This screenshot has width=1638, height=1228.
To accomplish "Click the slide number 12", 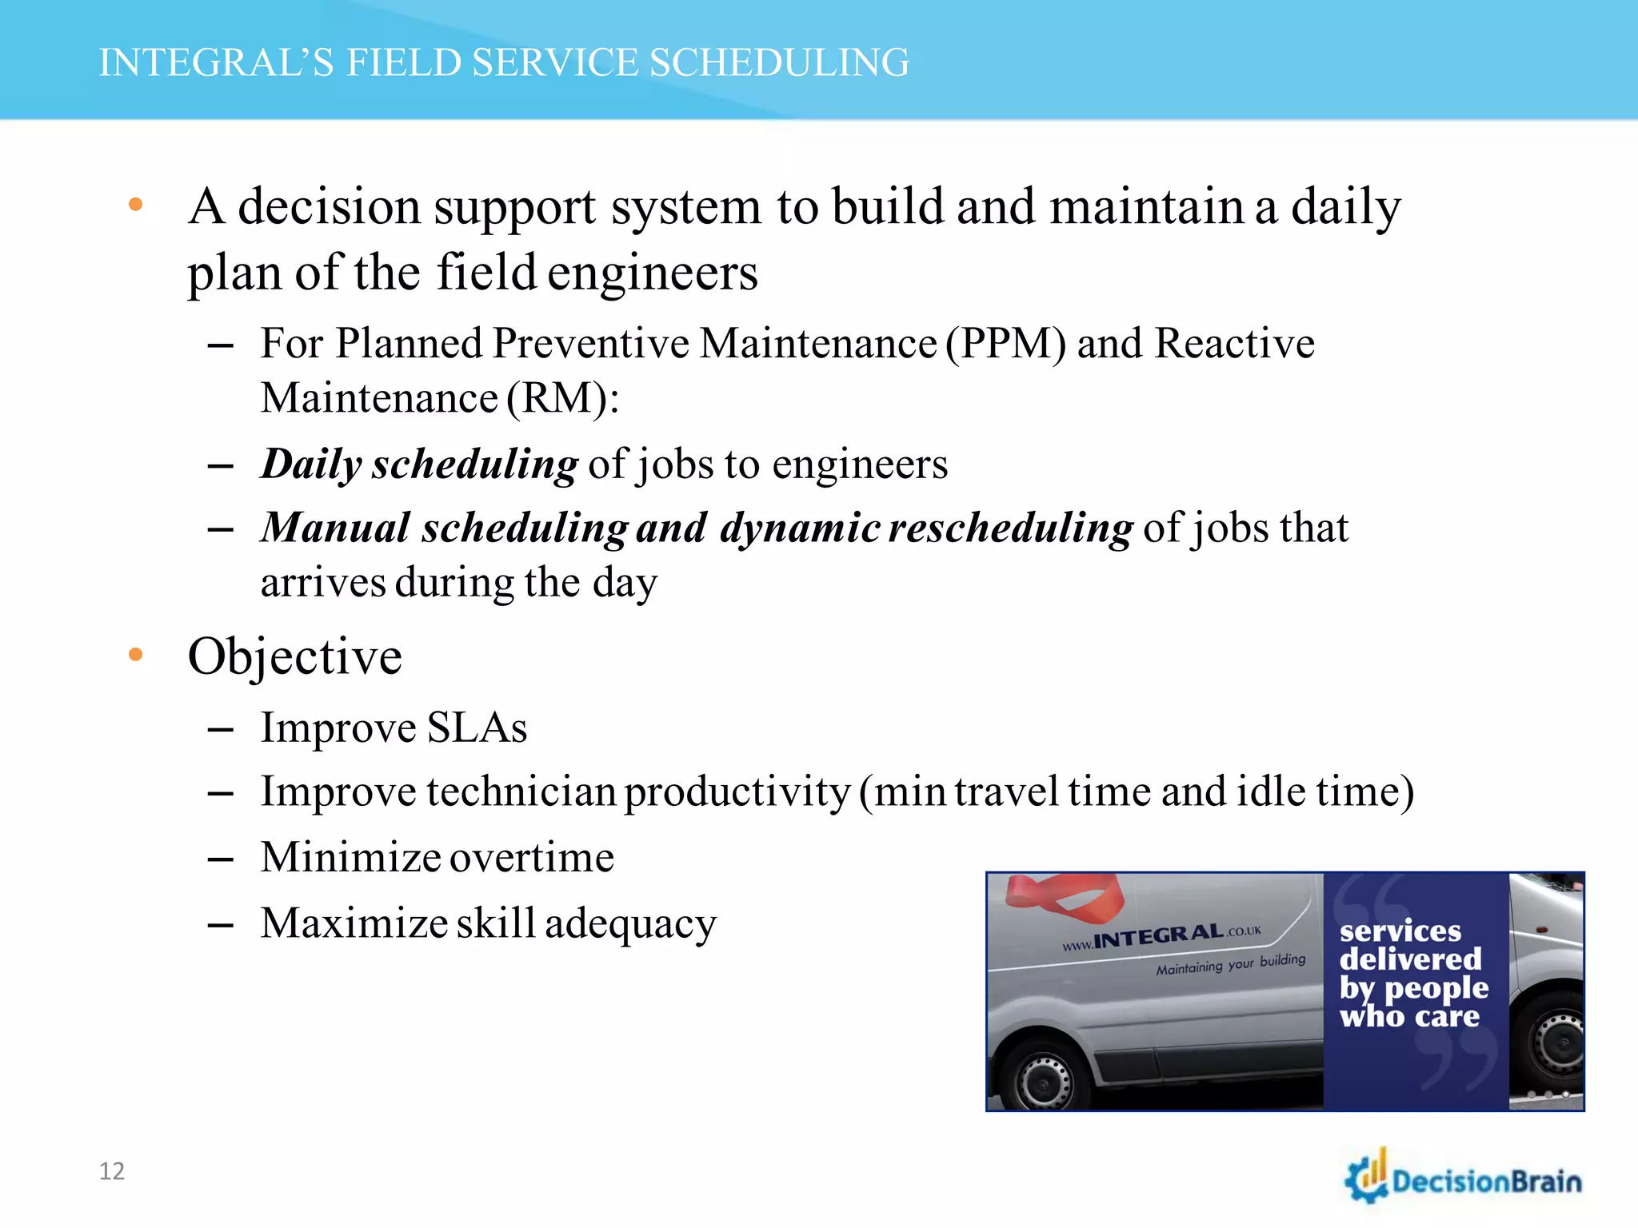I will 112,1171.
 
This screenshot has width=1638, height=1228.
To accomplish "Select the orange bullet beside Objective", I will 136,655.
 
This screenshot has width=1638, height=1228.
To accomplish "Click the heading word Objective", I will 294,656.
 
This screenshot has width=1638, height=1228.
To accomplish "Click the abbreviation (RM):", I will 562,398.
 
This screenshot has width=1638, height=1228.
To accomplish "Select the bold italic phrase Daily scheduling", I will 419,464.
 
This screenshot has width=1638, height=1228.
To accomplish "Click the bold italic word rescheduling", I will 1010,528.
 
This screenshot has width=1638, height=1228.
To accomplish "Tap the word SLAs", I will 477,728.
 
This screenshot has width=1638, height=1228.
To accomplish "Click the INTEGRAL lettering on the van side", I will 1159,936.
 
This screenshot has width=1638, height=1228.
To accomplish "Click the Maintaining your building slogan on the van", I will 1230,964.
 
